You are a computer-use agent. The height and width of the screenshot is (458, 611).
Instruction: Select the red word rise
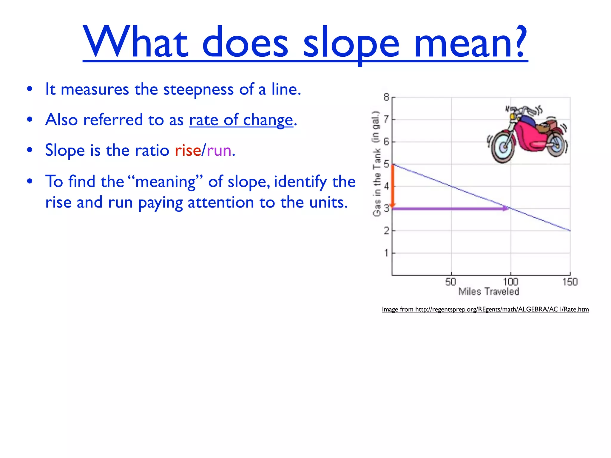pos(188,150)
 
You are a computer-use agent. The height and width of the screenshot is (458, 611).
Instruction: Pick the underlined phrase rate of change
pos(241,120)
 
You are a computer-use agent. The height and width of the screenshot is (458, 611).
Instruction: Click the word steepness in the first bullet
pos(198,89)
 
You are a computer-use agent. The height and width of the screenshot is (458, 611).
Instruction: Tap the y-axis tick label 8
pos(386,97)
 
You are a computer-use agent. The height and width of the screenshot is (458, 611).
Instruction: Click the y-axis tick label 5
pos(386,164)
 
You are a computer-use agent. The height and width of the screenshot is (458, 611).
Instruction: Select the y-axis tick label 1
pos(386,253)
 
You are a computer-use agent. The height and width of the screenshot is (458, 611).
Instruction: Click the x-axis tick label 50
pos(450,282)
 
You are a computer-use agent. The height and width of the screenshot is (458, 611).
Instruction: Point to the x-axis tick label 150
pos(570,282)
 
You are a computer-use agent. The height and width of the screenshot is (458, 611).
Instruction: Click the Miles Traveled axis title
pos(489,291)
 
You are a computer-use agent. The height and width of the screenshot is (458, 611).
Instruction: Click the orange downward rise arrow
pos(393,186)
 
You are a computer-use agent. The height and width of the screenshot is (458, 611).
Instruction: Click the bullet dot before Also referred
pos(30,120)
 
